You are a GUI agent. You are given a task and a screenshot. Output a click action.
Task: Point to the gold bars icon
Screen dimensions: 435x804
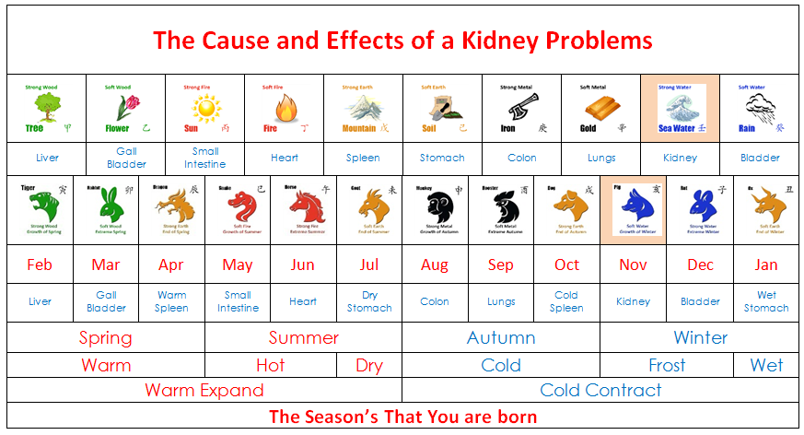(x=600, y=108)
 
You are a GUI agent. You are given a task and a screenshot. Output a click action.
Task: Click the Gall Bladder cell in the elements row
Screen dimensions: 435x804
(x=126, y=158)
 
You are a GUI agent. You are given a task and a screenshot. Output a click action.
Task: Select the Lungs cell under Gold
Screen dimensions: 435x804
(x=601, y=158)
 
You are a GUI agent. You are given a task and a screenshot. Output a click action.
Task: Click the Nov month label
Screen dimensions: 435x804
(x=633, y=265)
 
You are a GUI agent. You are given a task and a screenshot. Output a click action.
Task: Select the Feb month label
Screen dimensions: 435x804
(x=40, y=265)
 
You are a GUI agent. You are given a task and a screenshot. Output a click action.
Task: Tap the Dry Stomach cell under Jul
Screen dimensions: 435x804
(x=369, y=301)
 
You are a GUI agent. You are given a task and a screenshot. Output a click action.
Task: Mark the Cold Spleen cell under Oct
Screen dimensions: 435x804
(x=566, y=301)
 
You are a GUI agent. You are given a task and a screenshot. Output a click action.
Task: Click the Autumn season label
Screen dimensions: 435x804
(x=500, y=337)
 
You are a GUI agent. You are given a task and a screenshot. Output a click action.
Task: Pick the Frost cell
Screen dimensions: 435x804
(x=667, y=365)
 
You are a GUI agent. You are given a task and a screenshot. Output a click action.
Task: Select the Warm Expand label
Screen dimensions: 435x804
(x=204, y=390)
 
